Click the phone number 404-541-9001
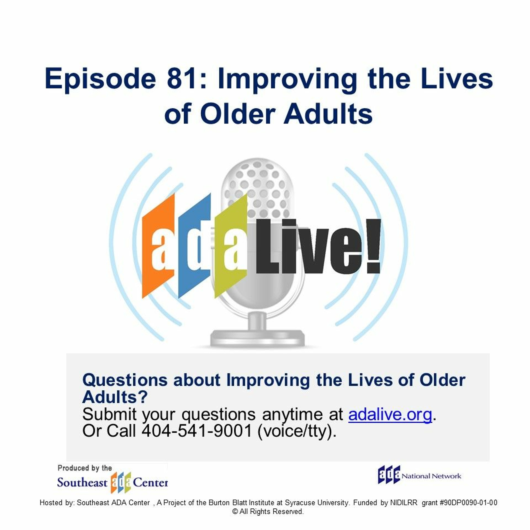pyautogui.click(x=197, y=431)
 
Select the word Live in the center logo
pyautogui.click(x=310, y=246)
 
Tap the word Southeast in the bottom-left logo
pyautogui.click(x=82, y=482)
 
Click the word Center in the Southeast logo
pyautogui.click(x=150, y=482)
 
